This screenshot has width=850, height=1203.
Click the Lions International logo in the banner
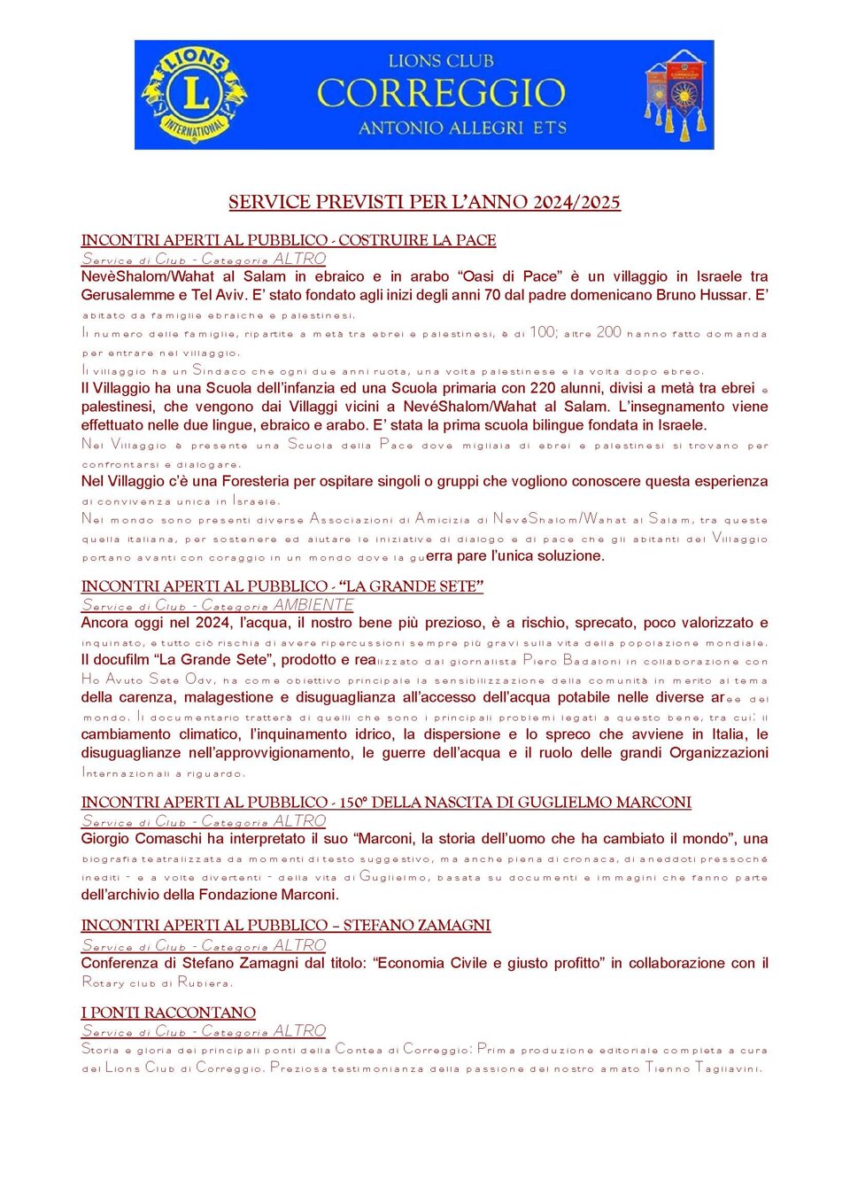pyautogui.click(x=195, y=95)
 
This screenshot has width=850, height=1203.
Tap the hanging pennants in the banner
pyautogui.click(x=676, y=95)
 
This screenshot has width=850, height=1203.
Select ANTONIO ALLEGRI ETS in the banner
pyautogui.click(x=462, y=128)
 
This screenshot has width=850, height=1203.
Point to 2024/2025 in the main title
pyautogui.click(x=576, y=202)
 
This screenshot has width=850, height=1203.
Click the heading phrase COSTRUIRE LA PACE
pyautogui.click(x=417, y=240)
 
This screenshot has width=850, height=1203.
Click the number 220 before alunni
pyautogui.click(x=543, y=388)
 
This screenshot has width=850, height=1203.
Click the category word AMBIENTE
pyautogui.click(x=313, y=605)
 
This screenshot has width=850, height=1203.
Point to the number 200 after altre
pyautogui.click(x=609, y=333)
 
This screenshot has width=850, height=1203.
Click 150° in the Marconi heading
pyautogui.click(x=352, y=803)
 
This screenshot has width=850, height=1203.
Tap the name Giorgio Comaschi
pyautogui.click(x=142, y=839)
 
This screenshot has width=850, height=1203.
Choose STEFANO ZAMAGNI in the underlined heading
pyautogui.click(x=416, y=926)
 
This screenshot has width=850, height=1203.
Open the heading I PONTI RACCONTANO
pyautogui.click(x=168, y=1013)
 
